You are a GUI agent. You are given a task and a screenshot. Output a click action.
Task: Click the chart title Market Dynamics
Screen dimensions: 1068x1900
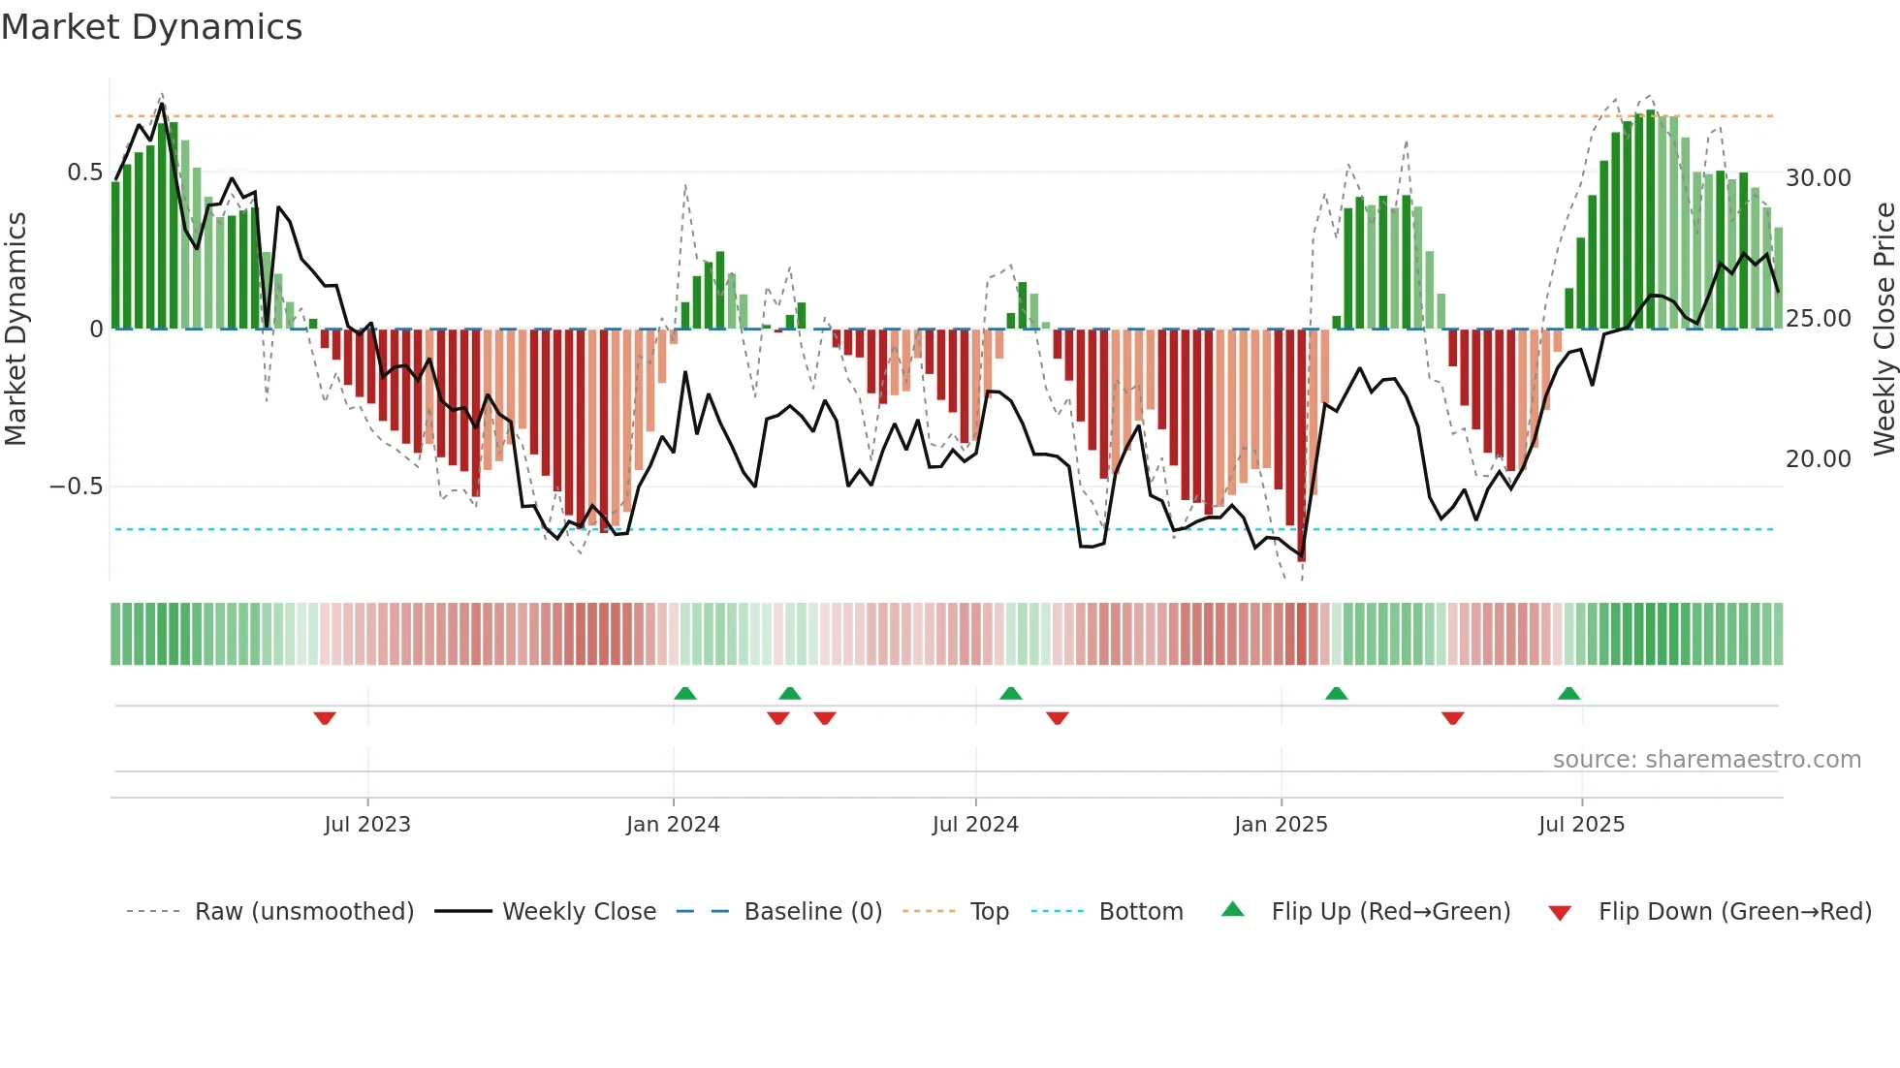[x=152, y=27]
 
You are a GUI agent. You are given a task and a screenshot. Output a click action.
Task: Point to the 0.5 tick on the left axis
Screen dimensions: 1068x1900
[x=84, y=173]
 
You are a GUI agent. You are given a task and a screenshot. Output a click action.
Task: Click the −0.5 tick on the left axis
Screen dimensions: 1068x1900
[x=77, y=487]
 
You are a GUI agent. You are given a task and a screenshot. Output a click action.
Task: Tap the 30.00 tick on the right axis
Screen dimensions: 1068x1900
[x=1819, y=178]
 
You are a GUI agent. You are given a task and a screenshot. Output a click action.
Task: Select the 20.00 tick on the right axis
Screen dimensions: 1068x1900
[x=1819, y=459]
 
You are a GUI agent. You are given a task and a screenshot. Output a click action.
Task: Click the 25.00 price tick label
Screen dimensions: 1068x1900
[x=1819, y=319]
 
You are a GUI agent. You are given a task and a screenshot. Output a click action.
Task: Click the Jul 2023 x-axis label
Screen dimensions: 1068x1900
[x=367, y=825]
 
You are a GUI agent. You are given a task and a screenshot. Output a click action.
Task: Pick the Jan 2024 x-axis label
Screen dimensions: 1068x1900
[x=673, y=825]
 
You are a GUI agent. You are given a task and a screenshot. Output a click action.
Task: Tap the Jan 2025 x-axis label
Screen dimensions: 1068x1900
[x=1281, y=825]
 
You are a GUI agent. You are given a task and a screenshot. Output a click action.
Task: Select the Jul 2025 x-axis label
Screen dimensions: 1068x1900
[x=1581, y=825]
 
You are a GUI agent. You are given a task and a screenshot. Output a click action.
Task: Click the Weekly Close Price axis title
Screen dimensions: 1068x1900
[x=1884, y=329]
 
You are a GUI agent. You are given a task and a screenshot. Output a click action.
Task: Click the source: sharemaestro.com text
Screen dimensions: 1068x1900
[x=1706, y=760]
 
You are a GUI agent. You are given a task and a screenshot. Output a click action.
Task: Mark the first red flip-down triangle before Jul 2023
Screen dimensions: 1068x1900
[x=325, y=718]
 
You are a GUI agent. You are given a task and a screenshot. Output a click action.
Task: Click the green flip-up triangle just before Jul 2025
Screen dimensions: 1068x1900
[x=1568, y=693]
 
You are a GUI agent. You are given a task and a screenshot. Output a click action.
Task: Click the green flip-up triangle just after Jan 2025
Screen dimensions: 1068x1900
[x=1336, y=693]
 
